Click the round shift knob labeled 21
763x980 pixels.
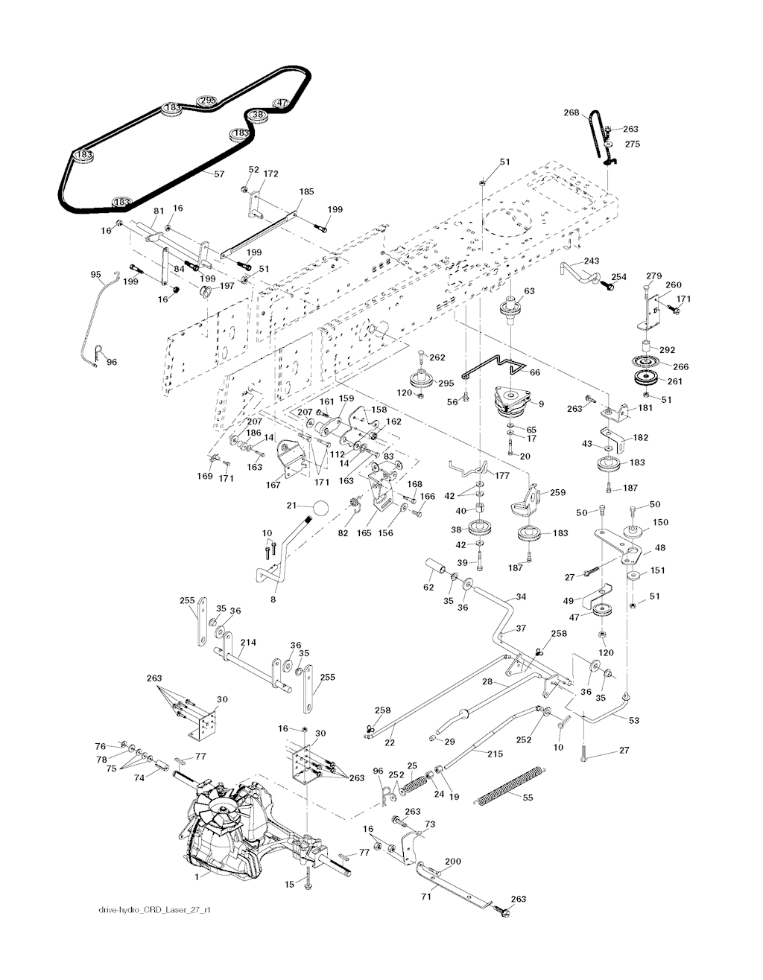coord(320,508)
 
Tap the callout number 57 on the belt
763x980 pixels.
coord(219,174)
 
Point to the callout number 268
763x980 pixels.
coord(572,113)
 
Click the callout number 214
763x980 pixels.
coord(248,642)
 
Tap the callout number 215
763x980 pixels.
coord(495,754)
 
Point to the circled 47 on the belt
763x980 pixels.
coord(282,104)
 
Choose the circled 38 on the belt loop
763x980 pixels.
coord(258,115)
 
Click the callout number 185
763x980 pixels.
coord(306,191)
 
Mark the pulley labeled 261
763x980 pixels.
coord(644,378)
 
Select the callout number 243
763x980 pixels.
coord(591,261)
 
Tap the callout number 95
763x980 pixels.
coord(95,275)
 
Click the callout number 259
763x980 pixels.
coord(557,492)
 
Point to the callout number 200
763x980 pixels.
coord(453,862)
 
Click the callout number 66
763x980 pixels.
coord(534,372)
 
